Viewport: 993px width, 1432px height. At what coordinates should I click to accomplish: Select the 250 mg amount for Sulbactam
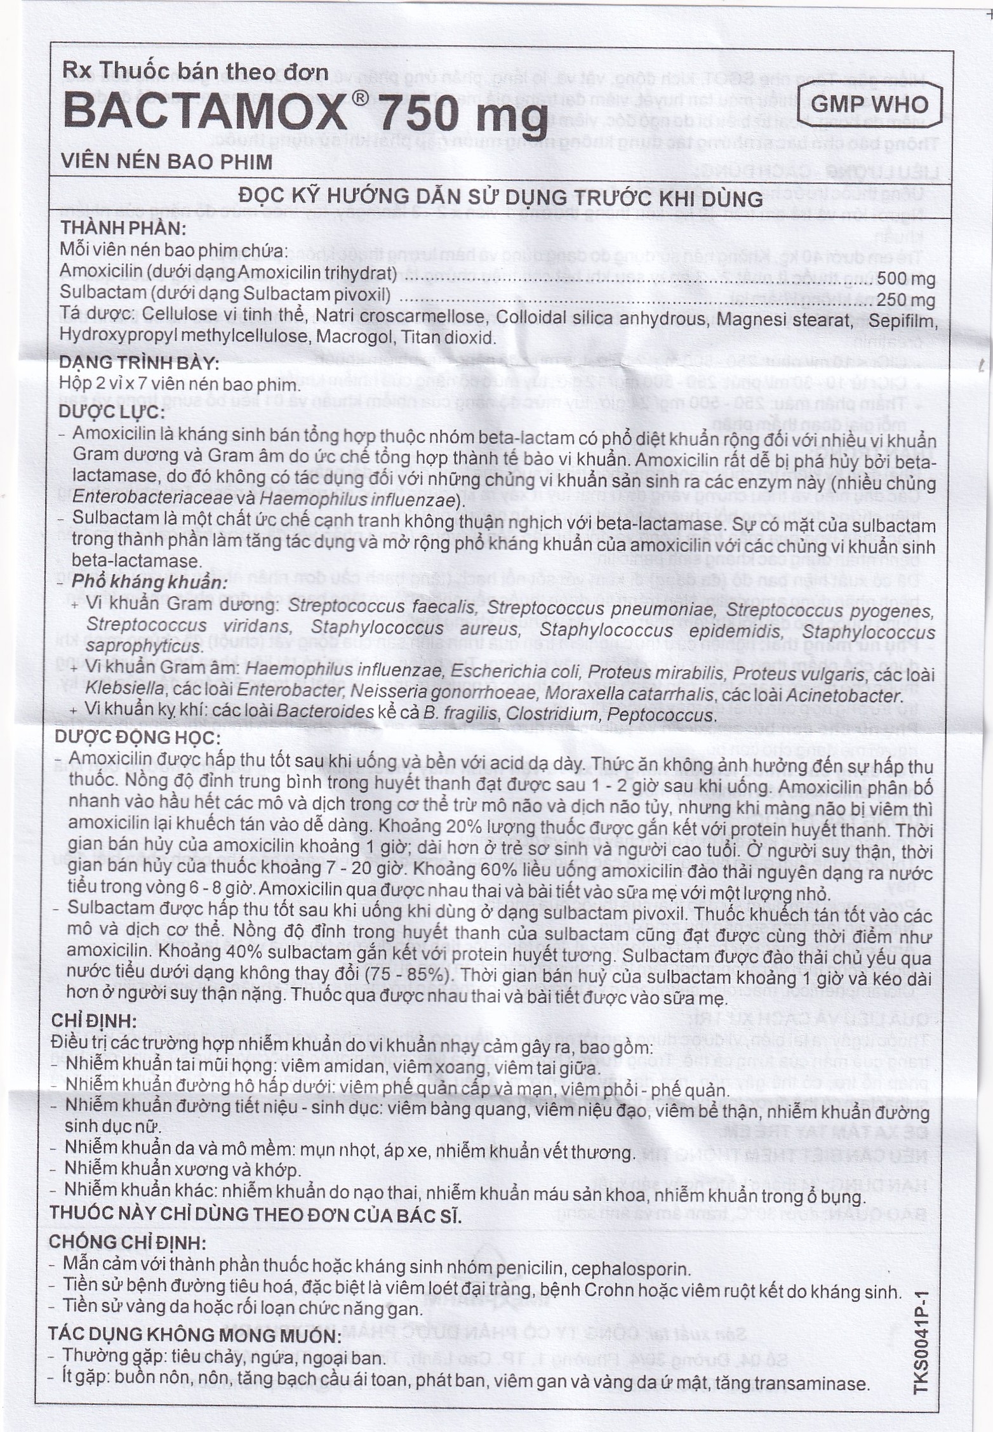point(906,299)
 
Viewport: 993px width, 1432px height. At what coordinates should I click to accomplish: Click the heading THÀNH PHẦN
point(123,228)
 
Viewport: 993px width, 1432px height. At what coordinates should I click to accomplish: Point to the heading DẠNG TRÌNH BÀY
point(139,364)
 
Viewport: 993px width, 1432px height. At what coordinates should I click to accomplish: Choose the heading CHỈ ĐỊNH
point(91,1022)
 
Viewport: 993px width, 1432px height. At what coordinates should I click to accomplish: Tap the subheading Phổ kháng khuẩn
point(150,583)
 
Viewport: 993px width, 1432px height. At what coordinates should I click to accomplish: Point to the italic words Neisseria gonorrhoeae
point(450,695)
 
